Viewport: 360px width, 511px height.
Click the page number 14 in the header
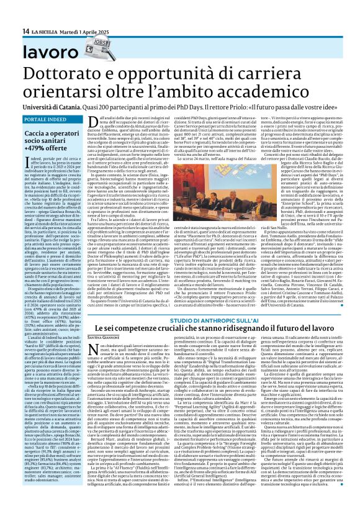tap(26, 32)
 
